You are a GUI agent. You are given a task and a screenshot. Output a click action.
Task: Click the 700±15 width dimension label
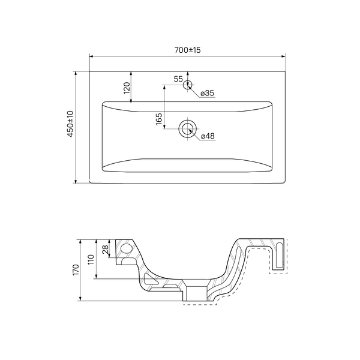pos(187,50)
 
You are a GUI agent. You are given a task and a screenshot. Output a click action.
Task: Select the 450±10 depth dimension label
pos(70,124)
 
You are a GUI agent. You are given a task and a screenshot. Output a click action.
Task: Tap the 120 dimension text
pos(127,88)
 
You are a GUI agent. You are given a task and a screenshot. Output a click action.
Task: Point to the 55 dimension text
pos(178,79)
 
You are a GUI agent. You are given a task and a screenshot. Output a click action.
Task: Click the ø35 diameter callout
pos(208,93)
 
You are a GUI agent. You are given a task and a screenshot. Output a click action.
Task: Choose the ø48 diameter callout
pos(208,136)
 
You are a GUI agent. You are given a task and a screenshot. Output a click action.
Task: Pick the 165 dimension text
pos(159,119)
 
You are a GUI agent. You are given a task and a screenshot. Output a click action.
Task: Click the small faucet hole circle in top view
pos(188,85)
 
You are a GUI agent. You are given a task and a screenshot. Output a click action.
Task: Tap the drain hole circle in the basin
pos(188,128)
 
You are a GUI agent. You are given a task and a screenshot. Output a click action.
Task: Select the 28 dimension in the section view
pos(106,250)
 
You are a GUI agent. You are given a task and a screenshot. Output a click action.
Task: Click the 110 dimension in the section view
pos(91,259)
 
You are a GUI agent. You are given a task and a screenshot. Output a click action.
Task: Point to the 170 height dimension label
pos(76,270)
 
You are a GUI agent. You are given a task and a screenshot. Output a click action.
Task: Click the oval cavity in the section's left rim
pos(127,248)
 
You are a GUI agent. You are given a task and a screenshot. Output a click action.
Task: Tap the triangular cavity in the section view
pos(149,278)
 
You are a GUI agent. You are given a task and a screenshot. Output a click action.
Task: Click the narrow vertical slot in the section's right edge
pos(280,255)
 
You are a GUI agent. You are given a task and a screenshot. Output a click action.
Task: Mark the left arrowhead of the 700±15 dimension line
pos(91,56)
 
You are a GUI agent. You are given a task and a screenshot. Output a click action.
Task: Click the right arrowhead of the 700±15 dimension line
pos(283,56)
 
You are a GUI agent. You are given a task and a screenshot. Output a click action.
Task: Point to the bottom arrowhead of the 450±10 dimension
pos(76,181)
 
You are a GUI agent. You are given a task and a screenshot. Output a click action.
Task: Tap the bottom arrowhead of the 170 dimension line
pos(80,299)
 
